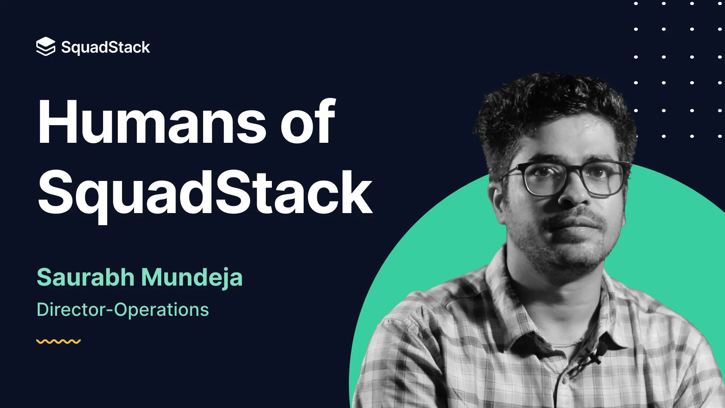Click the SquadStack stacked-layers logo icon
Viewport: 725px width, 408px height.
pyautogui.click(x=46, y=46)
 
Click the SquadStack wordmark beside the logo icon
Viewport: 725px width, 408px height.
pyautogui.click(x=106, y=48)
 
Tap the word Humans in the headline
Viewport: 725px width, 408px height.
pyautogui.click(x=152, y=122)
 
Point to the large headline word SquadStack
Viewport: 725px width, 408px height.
pyautogui.click(x=205, y=194)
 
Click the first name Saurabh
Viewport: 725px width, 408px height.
pyautogui.click(x=86, y=277)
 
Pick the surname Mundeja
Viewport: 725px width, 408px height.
pyautogui.click(x=192, y=278)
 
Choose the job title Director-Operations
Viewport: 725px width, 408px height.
pyautogui.click(x=123, y=310)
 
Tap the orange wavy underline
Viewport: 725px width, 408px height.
pyautogui.click(x=59, y=342)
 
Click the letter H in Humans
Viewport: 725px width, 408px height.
pyautogui.click(x=57, y=122)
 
